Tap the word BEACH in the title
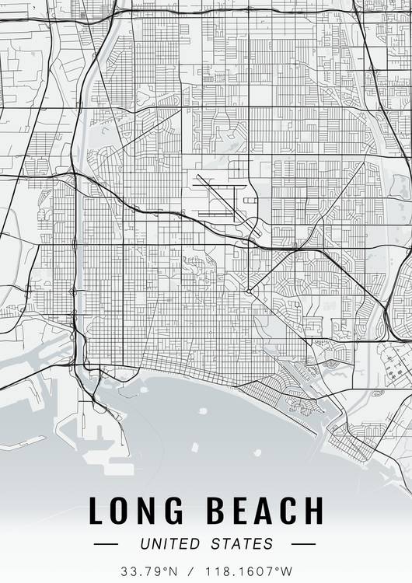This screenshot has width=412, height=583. (x=264, y=511)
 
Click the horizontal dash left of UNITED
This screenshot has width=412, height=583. (x=105, y=544)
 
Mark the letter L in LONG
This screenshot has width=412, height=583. (x=96, y=511)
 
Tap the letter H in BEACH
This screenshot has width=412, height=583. (x=313, y=511)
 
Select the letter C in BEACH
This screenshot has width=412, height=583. (x=288, y=511)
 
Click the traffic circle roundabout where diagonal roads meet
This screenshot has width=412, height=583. (x=248, y=291)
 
